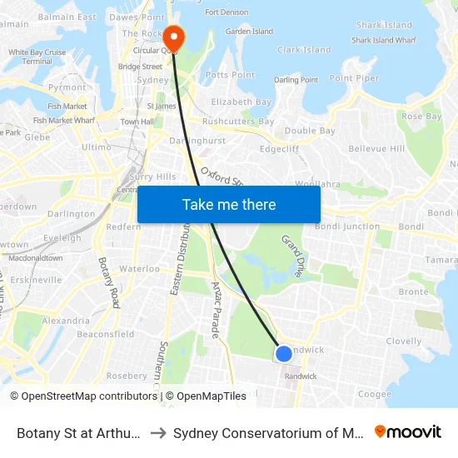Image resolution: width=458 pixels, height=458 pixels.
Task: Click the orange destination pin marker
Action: tap(174, 36)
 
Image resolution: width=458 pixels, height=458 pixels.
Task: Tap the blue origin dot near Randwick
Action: tap(283, 354)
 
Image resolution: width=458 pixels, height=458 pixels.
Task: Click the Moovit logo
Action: tap(408, 431)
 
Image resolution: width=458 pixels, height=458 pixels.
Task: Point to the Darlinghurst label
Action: tap(197, 141)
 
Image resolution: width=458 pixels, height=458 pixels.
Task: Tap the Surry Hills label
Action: tap(152, 177)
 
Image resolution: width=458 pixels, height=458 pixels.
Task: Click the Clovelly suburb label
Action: tap(404, 341)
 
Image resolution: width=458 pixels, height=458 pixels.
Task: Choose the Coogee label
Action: tap(374, 395)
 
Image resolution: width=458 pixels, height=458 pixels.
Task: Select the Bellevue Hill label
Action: tap(376, 148)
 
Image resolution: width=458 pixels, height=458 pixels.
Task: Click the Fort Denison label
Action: tap(227, 12)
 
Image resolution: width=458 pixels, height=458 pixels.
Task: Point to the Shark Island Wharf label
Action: tap(383, 39)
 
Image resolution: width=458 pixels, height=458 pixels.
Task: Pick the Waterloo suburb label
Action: tap(139, 269)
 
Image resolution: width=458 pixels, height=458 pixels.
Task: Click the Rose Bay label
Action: tap(421, 117)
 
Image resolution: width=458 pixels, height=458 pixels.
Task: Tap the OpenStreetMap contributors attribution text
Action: tap(84, 396)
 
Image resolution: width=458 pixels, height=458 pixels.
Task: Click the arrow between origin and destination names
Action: tap(158, 432)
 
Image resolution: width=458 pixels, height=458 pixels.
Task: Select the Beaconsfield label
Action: tap(106, 334)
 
